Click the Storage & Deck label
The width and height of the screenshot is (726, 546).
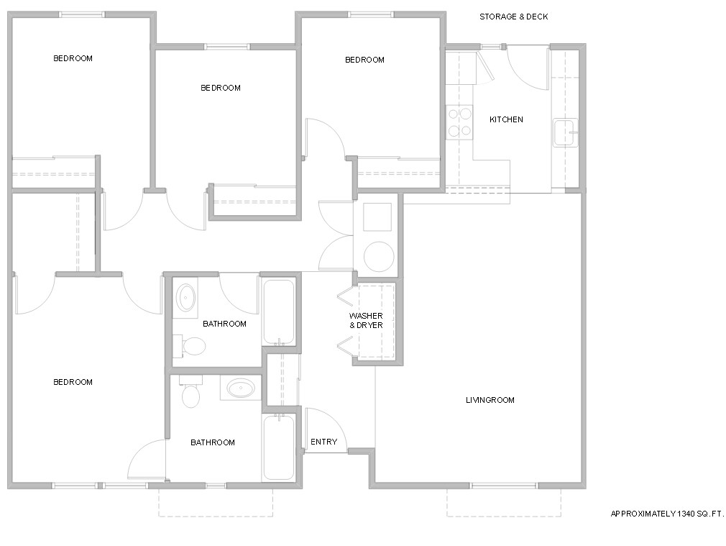(x=513, y=17)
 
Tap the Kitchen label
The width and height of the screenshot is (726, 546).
(x=506, y=119)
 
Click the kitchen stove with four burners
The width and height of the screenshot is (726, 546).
(x=459, y=122)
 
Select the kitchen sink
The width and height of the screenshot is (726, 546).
(x=564, y=133)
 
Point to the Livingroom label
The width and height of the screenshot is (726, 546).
(x=490, y=400)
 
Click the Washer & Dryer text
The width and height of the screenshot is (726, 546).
(x=366, y=321)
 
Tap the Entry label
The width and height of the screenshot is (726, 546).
(x=323, y=442)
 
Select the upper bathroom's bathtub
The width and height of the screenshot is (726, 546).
(x=278, y=311)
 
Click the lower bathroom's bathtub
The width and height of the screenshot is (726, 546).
(x=278, y=447)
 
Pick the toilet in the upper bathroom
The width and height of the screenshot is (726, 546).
(x=193, y=347)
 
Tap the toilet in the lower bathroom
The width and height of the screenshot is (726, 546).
(x=190, y=394)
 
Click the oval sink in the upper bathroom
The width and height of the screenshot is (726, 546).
(x=186, y=296)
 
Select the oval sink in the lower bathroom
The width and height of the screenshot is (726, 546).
(x=240, y=389)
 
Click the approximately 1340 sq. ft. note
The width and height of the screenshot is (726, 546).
(x=666, y=514)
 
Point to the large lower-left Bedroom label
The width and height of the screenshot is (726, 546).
(x=73, y=382)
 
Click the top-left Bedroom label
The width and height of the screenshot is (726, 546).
(x=73, y=58)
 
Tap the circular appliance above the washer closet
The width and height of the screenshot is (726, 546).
(x=377, y=255)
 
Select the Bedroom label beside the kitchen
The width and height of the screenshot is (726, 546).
(x=364, y=60)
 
